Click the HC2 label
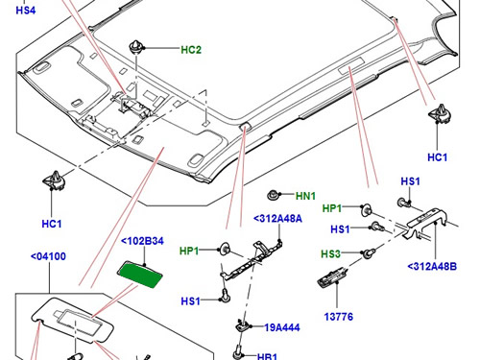pos(191,50)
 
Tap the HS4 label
pos(26,11)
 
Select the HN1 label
pos(305,196)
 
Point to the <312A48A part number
pos(277,219)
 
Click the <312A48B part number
pos(432,266)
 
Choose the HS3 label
pos(330,254)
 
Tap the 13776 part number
pos(339,317)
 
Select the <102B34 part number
pos(143,241)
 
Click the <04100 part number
pos(48,256)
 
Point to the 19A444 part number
pos(282,327)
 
